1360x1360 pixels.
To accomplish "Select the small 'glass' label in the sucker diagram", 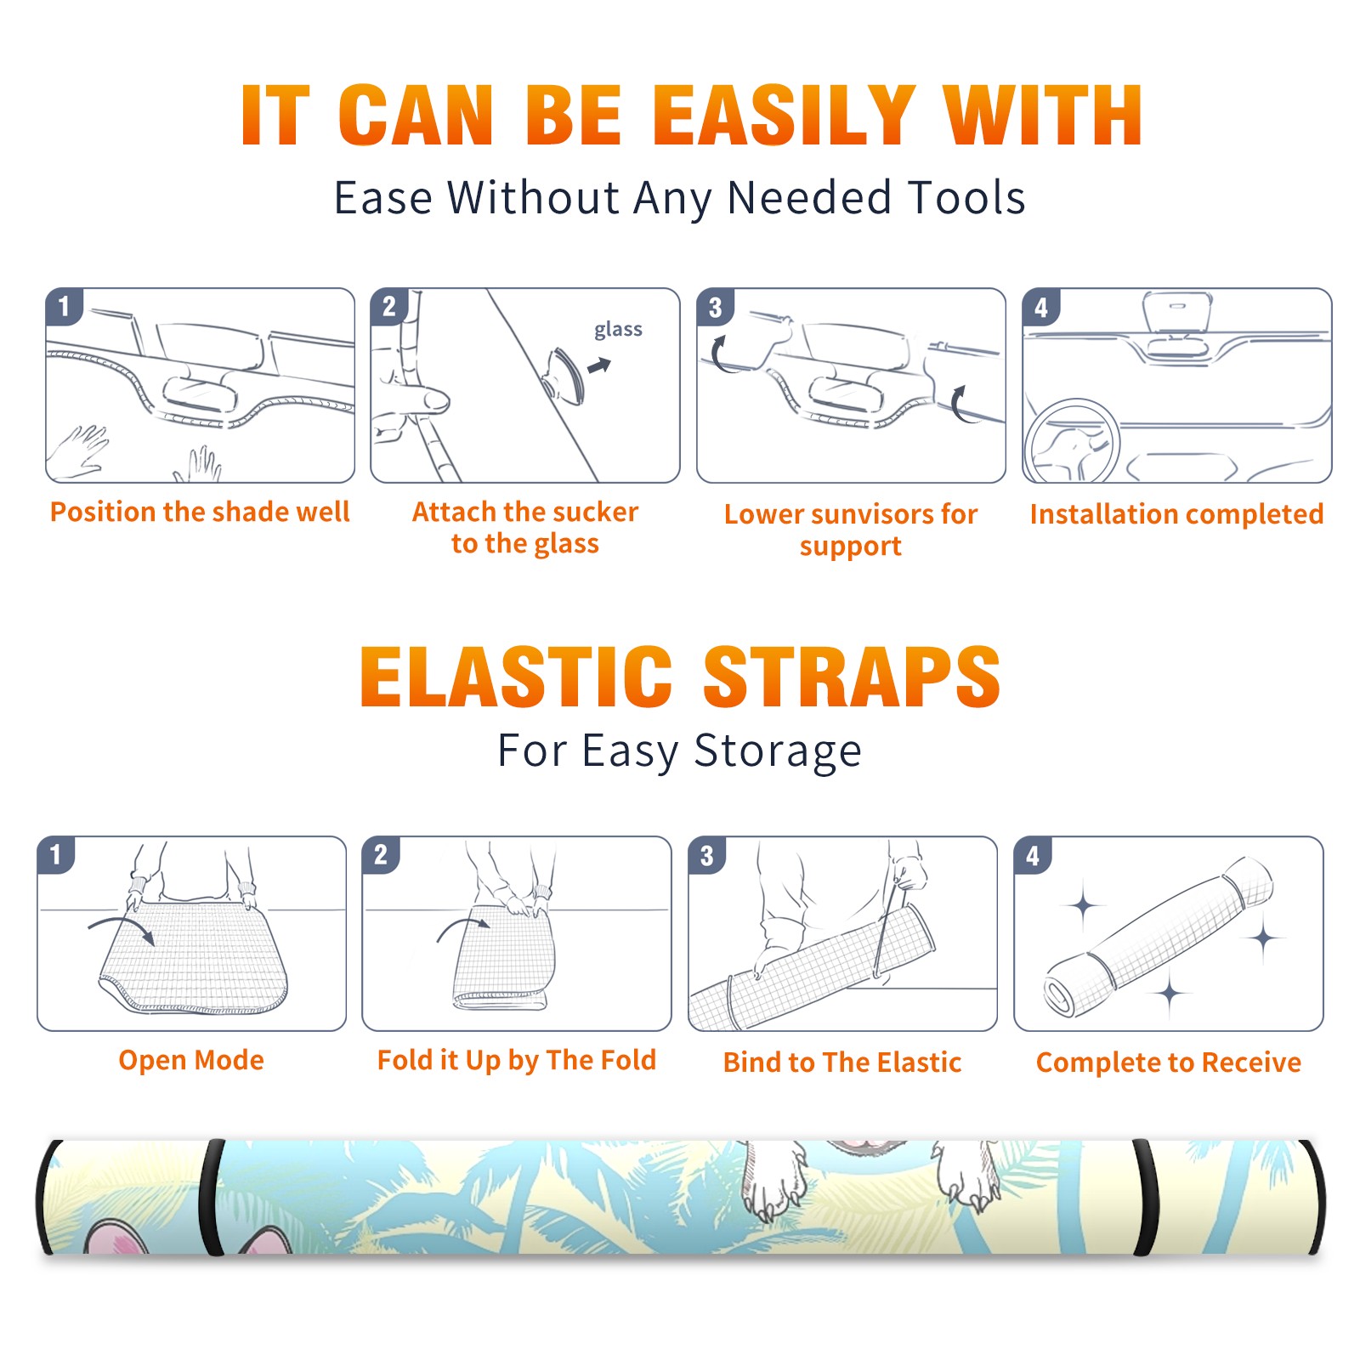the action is click(x=618, y=330).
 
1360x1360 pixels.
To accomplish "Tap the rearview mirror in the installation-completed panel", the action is click(x=1177, y=313).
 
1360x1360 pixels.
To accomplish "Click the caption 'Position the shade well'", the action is click(x=200, y=512).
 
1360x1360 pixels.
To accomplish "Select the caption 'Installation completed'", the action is click(x=1176, y=513).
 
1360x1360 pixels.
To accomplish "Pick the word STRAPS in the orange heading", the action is click(x=852, y=677).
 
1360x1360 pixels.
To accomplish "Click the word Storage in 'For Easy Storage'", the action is click(x=778, y=751).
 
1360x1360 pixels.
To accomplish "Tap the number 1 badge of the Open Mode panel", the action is click(x=56, y=854).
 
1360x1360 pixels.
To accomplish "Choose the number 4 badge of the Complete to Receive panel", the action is click(x=1033, y=854).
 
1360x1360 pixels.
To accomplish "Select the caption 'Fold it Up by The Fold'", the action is click(x=517, y=1060).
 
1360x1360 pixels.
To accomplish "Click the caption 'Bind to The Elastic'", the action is click(x=842, y=1062).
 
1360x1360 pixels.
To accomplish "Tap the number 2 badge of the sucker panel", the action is click(x=389, y=306).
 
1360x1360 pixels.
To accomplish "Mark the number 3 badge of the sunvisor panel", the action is click(x=715, y=307).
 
